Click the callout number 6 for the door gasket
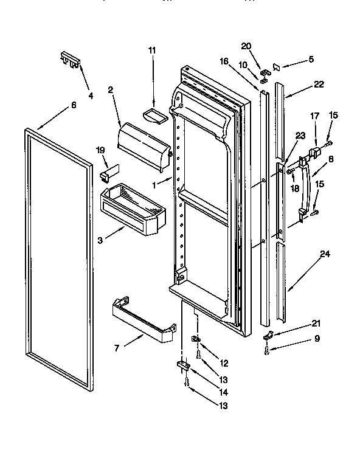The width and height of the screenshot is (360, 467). [74, 105]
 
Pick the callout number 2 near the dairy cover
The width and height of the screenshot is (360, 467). [111, 91]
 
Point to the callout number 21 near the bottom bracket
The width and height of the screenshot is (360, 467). [316, 323]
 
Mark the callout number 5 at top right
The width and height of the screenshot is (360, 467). [311, 60]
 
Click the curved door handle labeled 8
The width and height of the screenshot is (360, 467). [312, 186]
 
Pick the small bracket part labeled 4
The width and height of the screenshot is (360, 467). [71, 60]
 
